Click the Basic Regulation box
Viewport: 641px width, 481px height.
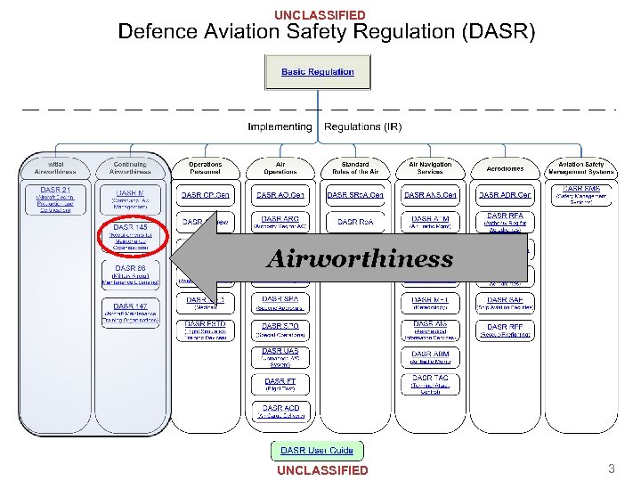click(318, 72)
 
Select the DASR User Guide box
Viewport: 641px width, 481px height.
click(317, 451)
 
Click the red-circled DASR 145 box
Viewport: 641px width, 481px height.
click(130, 235)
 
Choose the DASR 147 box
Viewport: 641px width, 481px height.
click(130, 313)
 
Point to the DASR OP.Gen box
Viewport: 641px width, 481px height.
click(206, 195)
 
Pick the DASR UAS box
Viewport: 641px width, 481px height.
click(280, 356)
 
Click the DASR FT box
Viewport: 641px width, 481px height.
click(280, 383)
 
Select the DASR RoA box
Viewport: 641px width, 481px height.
click(354, 222)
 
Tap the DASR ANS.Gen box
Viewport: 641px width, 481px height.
click(430, 195)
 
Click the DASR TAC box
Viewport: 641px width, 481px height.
click(430, 383)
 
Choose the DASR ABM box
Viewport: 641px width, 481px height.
click(430, 357)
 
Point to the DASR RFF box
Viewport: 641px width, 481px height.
click(505, 330)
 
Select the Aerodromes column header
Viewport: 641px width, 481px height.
click(505, 168)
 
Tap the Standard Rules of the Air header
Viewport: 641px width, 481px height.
click(354, 168)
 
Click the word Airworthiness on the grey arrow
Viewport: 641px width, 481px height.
click(359, 259)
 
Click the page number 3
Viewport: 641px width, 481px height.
click(611, 468)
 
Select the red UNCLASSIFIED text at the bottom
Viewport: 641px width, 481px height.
click(322, 469)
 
